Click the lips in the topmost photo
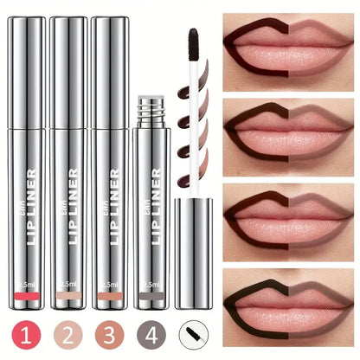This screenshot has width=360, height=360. coord(290,48)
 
